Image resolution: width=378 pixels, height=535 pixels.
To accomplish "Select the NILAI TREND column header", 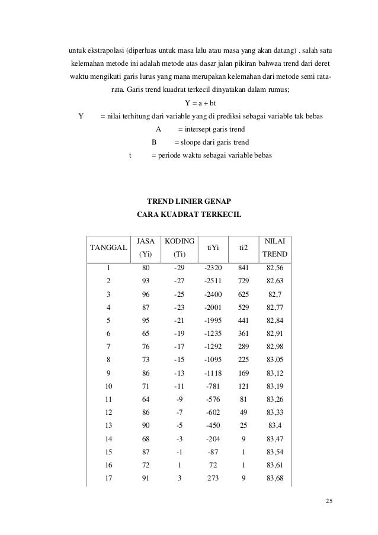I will [276, 248].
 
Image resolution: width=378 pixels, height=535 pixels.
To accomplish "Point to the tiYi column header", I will [212, 249].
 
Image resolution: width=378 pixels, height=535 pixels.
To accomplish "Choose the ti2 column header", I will [243, 249].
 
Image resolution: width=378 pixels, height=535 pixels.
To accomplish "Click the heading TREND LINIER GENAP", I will [188, 202].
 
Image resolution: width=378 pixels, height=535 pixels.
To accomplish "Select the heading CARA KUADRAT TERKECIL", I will [188, 215].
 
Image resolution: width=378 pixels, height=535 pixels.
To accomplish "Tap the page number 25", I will [329, 502].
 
